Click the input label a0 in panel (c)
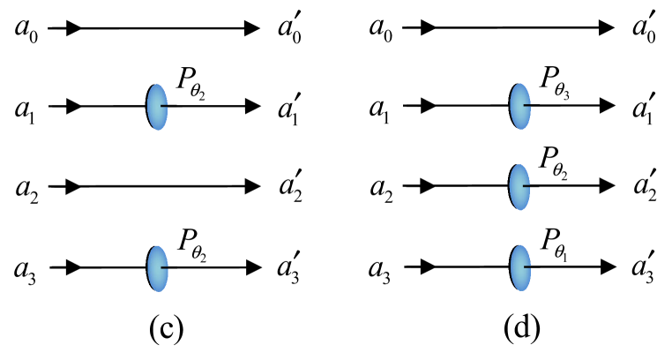coord(26,28)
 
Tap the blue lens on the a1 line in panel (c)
coord(156,107)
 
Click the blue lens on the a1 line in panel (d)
coord(519,107)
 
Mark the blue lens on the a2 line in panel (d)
coord(519,186)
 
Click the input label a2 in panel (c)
coord(26,187)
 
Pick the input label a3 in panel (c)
coord(26,266)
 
